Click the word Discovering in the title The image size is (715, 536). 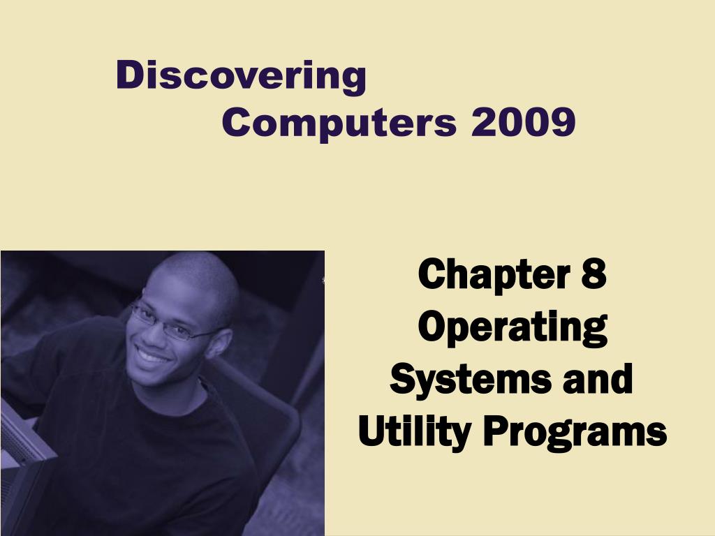pyautogui.click(x=241, y=77)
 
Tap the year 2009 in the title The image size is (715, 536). pyautogui.click(x=524, y=121)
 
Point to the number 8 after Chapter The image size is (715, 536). pyautogui.click(x=594, y=274)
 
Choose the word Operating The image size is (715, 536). pyautogui.click(x=513, y=327)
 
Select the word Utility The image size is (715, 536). pyautogui.click(x=415, y=431)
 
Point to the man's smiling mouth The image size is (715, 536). pyautogui.click(x=152, y=355)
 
